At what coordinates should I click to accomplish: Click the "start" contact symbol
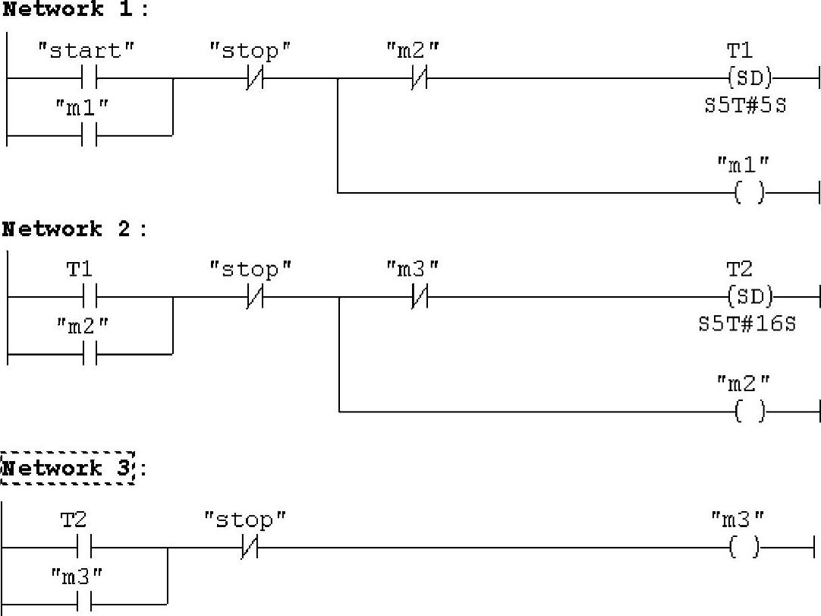pyautogui.click(x=90, y=77)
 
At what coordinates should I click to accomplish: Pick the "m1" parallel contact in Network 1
pyautogui.click(x=90, y=135)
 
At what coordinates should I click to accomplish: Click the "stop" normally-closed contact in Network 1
pyautogui.click(x=254, y=77)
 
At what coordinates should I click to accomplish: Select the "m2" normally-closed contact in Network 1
pyautogui.click(x=418, y=77)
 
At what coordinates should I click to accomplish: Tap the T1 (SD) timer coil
pyautogui.click(x=748, y=77)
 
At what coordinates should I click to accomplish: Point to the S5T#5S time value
pyautogui.click(x=745, y=106)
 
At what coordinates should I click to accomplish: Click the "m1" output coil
pyautogui.click(x=749, y=193)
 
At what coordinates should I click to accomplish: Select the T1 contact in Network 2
pyautogui.click(x=90, y=296)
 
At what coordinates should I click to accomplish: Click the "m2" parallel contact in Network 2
pyautogui.click(x=90, y=354)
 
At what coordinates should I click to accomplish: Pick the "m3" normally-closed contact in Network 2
pyautogui.click(x=418, y=296)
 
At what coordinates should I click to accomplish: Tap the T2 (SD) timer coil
pyautogui.click(x=748, y=296)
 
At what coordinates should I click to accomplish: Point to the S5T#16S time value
pyautogui.click(x=747, y=324)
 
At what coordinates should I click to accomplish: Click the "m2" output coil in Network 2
pyautogui.click(x=749, y=412)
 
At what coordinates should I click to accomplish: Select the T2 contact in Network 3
pyautogui.click(x=84, y=547)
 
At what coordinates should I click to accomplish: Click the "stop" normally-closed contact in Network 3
pyautogui.click(x=249, y=547)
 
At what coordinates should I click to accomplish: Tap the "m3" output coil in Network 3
pyautogui.click(x=744, y=547)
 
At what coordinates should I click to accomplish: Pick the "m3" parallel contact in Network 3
pyautogui.click(x=84, y=605)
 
